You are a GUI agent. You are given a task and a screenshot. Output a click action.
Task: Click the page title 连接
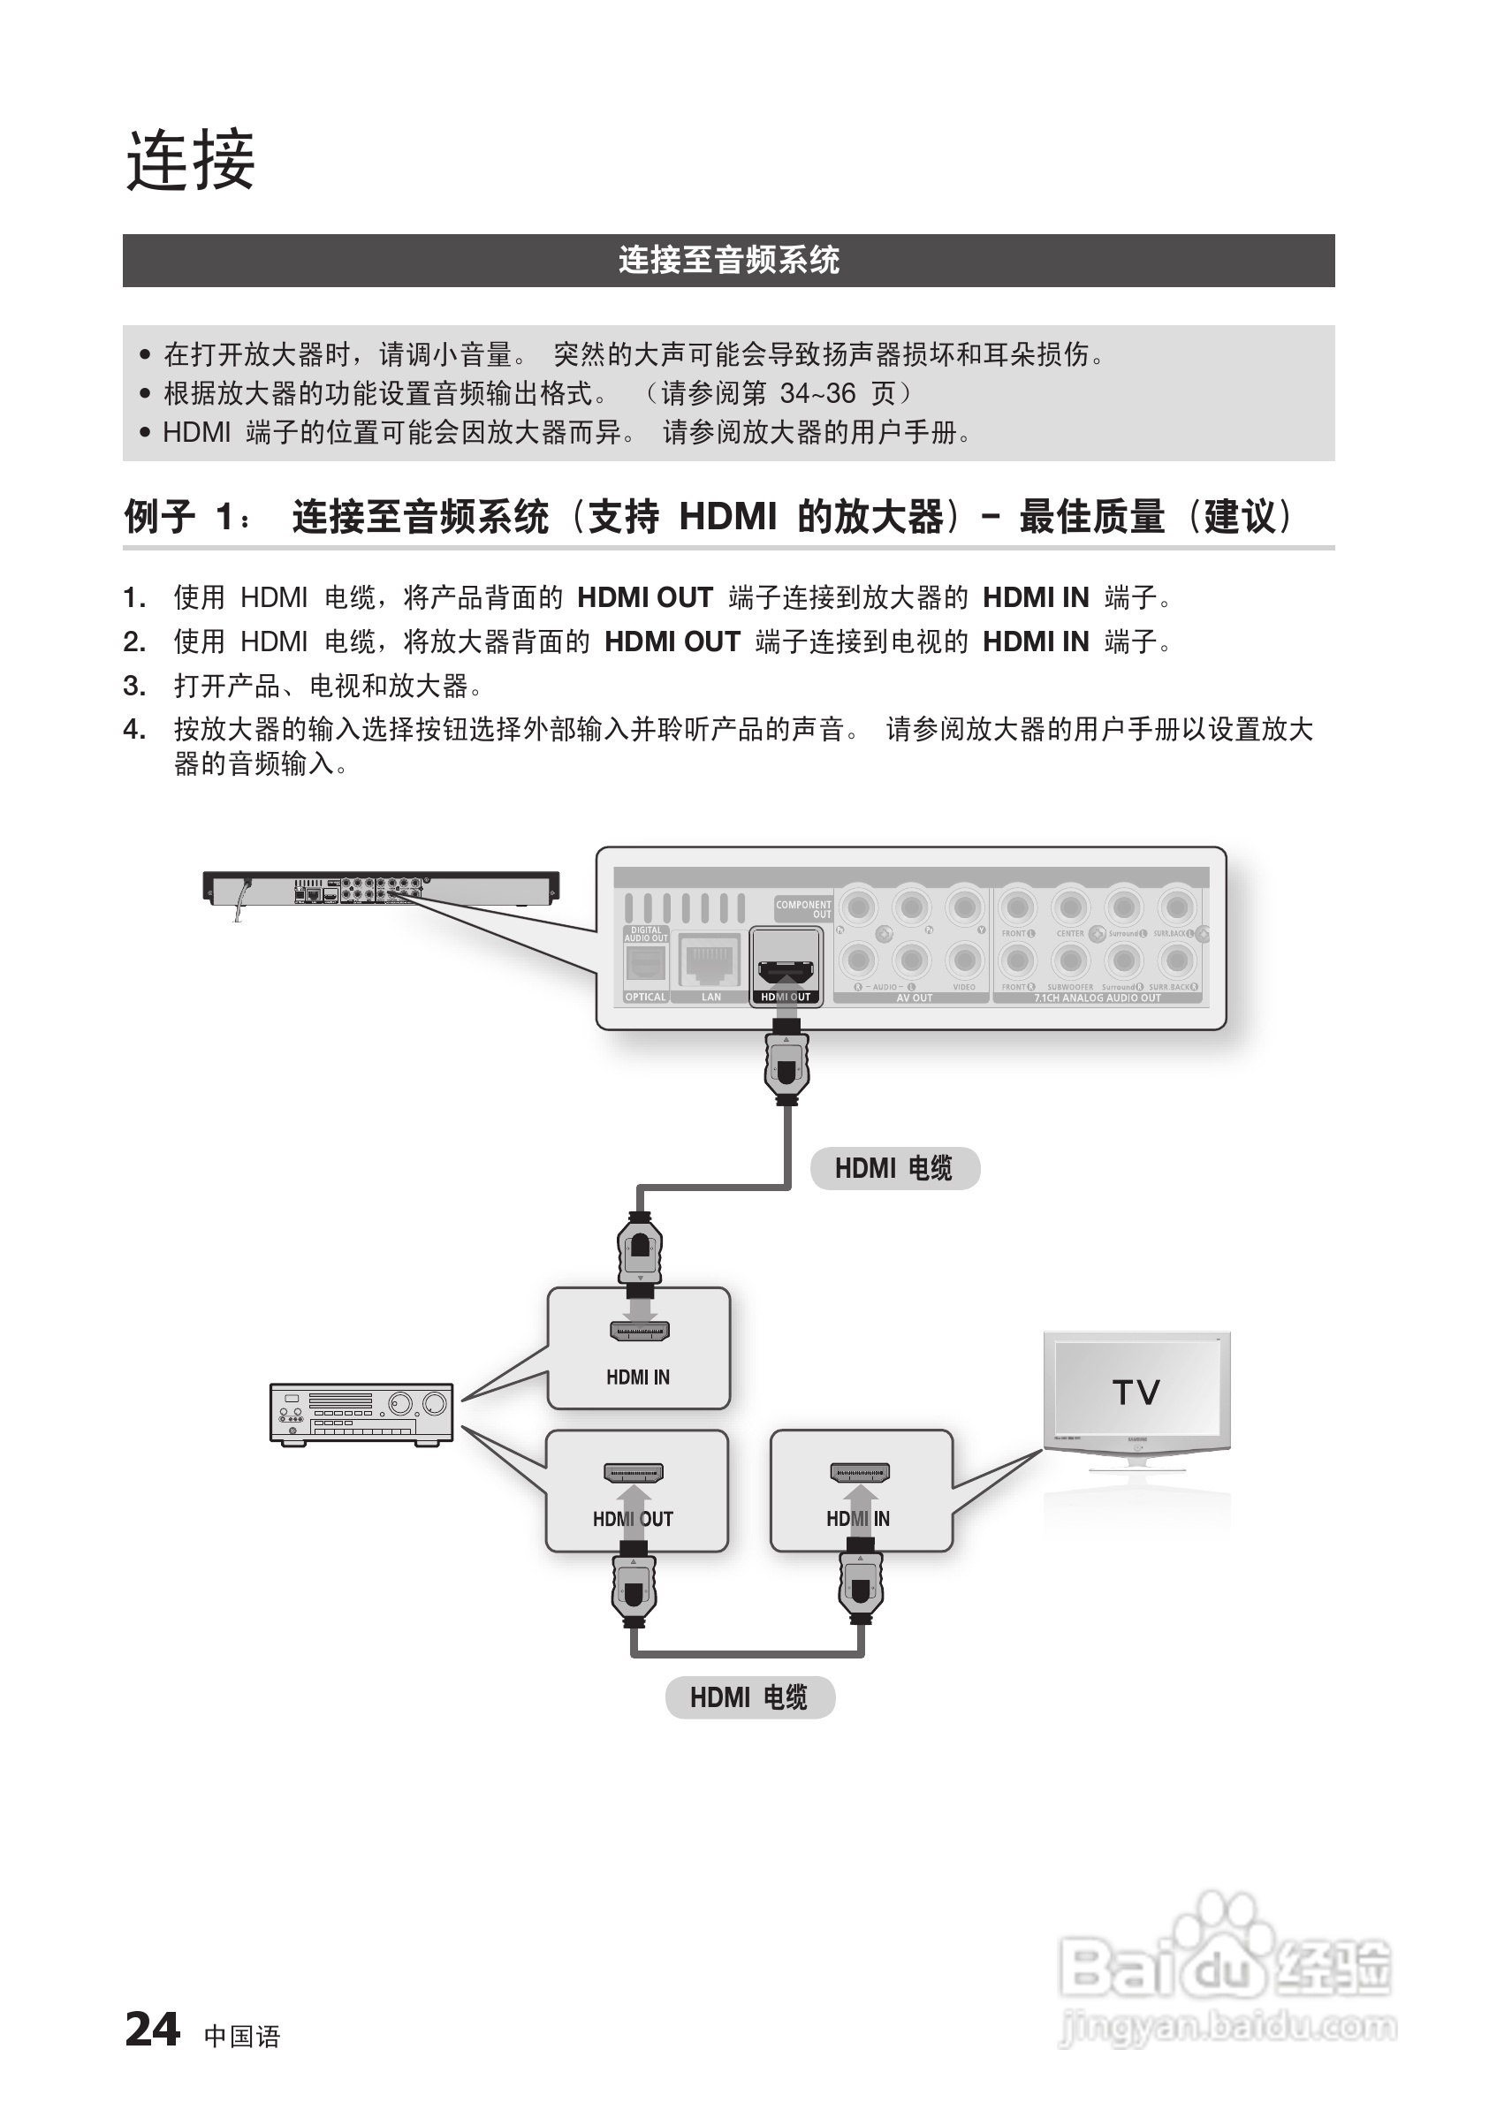[190, 161]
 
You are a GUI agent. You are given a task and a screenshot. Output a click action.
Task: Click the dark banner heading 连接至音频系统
[728, 260]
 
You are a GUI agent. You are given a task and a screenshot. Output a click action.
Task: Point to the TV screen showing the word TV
[1136, 1393]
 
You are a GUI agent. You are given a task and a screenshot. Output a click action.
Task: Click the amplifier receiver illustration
[361, 1414]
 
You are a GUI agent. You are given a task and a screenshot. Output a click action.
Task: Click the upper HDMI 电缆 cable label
[894, 1168]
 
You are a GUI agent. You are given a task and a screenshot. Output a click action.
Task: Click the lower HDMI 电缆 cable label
[749, 1697]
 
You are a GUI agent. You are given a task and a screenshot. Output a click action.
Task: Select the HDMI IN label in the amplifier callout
[638, 1377]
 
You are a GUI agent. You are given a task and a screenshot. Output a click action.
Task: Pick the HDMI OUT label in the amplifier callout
[634, 1519]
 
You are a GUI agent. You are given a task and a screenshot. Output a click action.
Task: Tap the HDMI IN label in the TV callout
[857, 1519]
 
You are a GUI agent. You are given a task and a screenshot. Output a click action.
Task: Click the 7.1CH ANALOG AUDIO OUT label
[1097, 998]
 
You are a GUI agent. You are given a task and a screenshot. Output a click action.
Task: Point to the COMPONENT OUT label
[803, 909]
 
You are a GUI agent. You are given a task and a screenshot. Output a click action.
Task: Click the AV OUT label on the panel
[914, 998]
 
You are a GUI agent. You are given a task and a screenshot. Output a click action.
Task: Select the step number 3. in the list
[134, 686]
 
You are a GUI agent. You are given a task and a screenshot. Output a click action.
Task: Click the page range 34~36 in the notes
[817, 393]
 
